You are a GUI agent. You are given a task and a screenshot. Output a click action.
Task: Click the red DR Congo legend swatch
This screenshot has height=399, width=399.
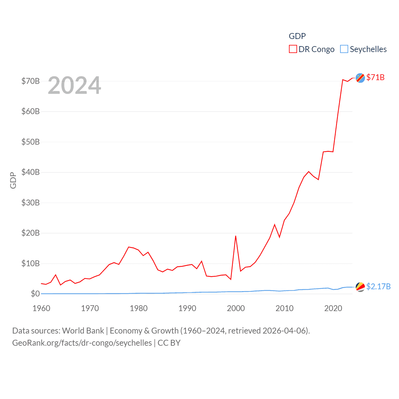[293, 49]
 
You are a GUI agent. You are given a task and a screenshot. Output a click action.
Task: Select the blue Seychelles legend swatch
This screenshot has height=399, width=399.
[344, 49]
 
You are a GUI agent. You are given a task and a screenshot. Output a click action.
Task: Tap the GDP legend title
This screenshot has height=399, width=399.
[297, 36]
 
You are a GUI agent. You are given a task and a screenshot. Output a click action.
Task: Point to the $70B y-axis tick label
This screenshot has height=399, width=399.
[31, 81]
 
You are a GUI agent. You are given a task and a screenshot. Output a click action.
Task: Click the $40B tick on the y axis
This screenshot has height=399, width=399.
[31, 172]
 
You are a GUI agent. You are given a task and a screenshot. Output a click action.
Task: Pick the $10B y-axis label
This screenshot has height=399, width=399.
[31, 263]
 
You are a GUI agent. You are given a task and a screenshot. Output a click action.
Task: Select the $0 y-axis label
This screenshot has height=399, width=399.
[35, 294]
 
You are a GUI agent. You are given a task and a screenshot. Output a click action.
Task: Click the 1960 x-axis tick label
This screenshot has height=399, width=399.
[41, 308]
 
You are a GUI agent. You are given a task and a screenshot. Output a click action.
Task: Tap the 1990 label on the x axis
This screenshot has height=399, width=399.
[187, 308]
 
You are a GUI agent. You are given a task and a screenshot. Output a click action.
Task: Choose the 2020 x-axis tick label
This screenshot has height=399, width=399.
[333, 308]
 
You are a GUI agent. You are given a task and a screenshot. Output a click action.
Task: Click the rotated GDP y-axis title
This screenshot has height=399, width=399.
[13, 180]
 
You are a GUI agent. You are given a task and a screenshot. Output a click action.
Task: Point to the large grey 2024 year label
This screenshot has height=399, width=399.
[75, 85]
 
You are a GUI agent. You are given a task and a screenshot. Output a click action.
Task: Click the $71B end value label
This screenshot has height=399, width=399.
[375, 77]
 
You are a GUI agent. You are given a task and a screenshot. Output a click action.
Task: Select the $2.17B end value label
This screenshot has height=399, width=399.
[378, 286]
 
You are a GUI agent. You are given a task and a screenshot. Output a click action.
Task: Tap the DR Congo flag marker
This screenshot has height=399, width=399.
[360, 78]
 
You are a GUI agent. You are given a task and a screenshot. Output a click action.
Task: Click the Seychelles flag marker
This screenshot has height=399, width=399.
[360, 287]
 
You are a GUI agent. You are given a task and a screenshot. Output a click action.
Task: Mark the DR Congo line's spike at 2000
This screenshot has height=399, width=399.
[236, 236]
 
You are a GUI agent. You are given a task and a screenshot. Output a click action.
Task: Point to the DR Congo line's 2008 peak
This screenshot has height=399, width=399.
[275, 224]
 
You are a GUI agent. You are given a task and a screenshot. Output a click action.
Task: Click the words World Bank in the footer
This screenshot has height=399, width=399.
[83, 331]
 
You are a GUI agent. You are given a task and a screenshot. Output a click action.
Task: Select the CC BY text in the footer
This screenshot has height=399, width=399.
[169, 343]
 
